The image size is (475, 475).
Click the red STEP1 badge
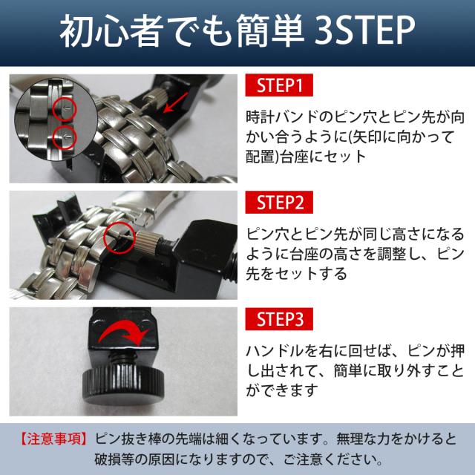[x=279, y=85]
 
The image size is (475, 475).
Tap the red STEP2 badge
[x=279, y=202]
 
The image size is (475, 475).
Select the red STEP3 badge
[x=279, y=319]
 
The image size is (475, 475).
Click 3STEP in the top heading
[x=364, y=30]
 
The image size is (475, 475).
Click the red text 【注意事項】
[x=54, y=439]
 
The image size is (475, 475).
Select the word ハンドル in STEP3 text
[x=275, y=351]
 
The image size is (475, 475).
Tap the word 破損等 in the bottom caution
[x=114, y=459]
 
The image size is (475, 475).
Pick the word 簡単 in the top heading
[x=270, y=30]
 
